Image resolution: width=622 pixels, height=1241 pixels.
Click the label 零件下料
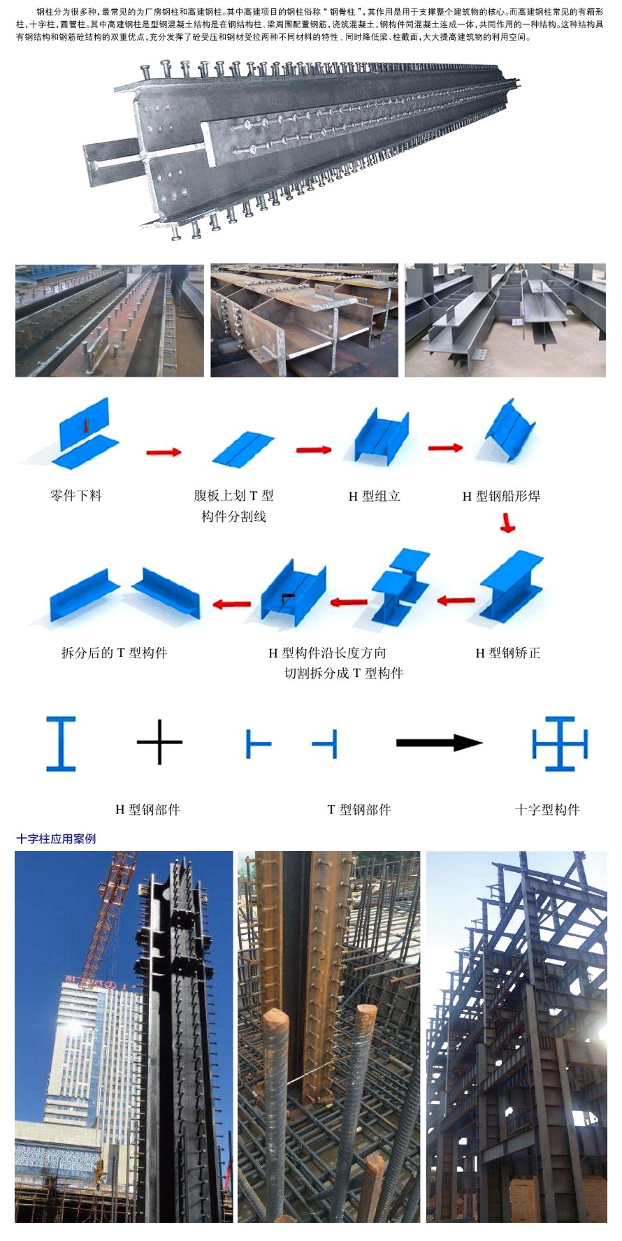(76, 495)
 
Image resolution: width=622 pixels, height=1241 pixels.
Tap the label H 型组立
(375, 496)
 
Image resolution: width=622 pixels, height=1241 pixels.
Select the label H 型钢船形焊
(501, 496)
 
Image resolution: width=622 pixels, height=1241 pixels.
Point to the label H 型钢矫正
(508, 653)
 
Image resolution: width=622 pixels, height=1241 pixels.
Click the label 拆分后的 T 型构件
(115, 653)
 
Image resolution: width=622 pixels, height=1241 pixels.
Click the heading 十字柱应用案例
(56, 839)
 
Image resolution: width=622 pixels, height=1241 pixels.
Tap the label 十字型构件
(547, 809)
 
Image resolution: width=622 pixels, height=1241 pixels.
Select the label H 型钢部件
(147, 809)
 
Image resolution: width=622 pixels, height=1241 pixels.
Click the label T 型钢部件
(359, 809)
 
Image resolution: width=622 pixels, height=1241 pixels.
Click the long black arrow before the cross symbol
(439, 743)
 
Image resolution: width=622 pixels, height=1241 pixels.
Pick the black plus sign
(159, 742)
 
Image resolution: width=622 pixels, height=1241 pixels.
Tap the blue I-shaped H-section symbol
(61, 743)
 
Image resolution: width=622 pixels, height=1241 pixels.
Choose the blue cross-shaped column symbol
(560, 743)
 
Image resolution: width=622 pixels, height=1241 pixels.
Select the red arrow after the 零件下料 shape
(164, 452)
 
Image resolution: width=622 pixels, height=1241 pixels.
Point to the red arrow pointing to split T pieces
(231, 603)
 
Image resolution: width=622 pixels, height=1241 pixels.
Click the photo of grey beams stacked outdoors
(505, 320)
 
